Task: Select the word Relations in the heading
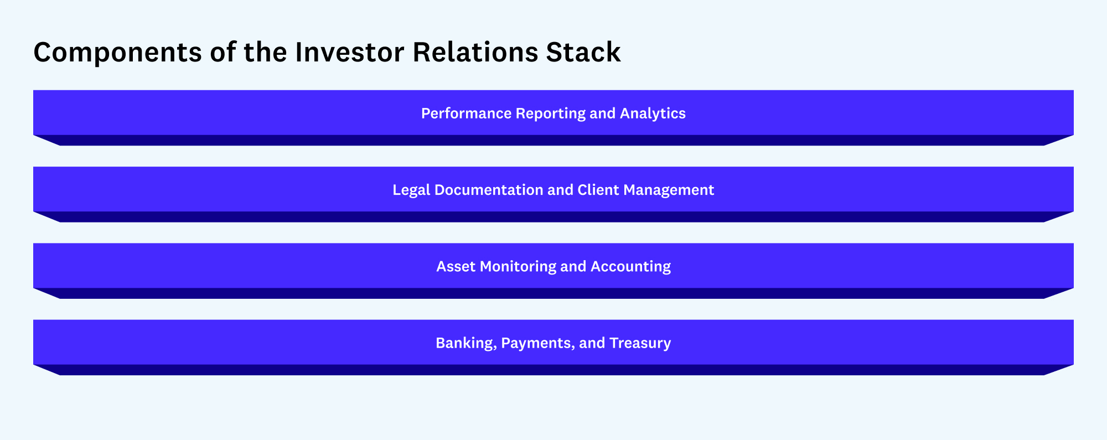coord(475,52)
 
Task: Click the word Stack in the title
coord(583,52)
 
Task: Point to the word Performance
coord(466,113)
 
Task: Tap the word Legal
coord(411,190)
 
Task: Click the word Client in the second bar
coord(598,190)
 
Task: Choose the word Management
coord(669,190)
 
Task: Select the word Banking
coord(466,344)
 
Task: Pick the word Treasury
coord(640,344)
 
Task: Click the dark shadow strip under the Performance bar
coord(553,141)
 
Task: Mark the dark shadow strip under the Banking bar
coord(553,370)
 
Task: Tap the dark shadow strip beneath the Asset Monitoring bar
coord(553,294)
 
